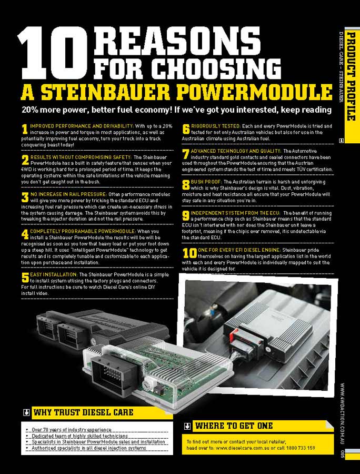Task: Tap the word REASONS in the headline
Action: pyautogui.click(x=176, y=42)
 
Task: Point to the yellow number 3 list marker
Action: pyautogui.click(x=25, y=197)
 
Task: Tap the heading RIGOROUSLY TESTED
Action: pyautogui.click(x=215, y=126)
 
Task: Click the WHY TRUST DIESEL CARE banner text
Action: pyautogui.click(x=83, y=412)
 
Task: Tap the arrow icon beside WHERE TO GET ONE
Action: pyautogui.click(x=187, y=426)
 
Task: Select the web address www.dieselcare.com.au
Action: pyautogui.click(x=243, y=448)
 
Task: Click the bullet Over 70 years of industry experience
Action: pyautogui.click(x=72, y=430)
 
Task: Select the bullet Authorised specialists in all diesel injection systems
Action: pyautogui.click(x=89, y=448)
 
